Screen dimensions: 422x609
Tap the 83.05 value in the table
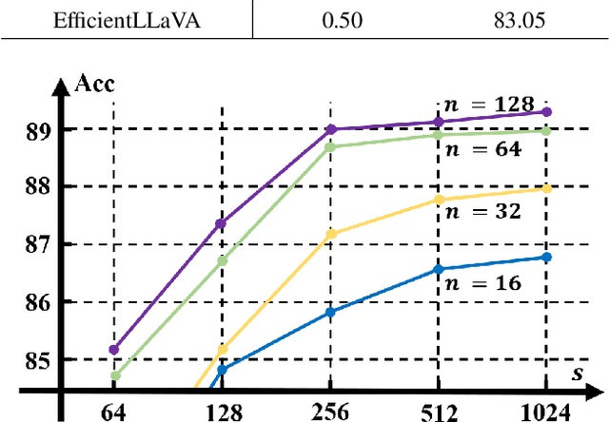pyautogui.click(x=515, y=19)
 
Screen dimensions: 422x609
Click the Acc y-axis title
pyautogui.click(x=94, y=84)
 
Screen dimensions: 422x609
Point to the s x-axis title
pyautogui.click(x=578, y=374)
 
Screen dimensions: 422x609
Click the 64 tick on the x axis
pyautogui.click(x=113, y=411)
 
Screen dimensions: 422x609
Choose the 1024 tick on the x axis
pyautogui.click(x=545, y=411)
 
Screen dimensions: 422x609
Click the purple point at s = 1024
pyautogui.click(x=546, y=111)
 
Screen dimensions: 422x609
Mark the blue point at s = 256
pyautogui.click(x=330, y=312)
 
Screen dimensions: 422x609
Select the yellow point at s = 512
pyautogui.click(x=438, y=199)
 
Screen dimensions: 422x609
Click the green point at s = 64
pyautogui.click(x=114, y=375)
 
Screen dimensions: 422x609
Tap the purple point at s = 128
pyautogui.click(x=222, y=223)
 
